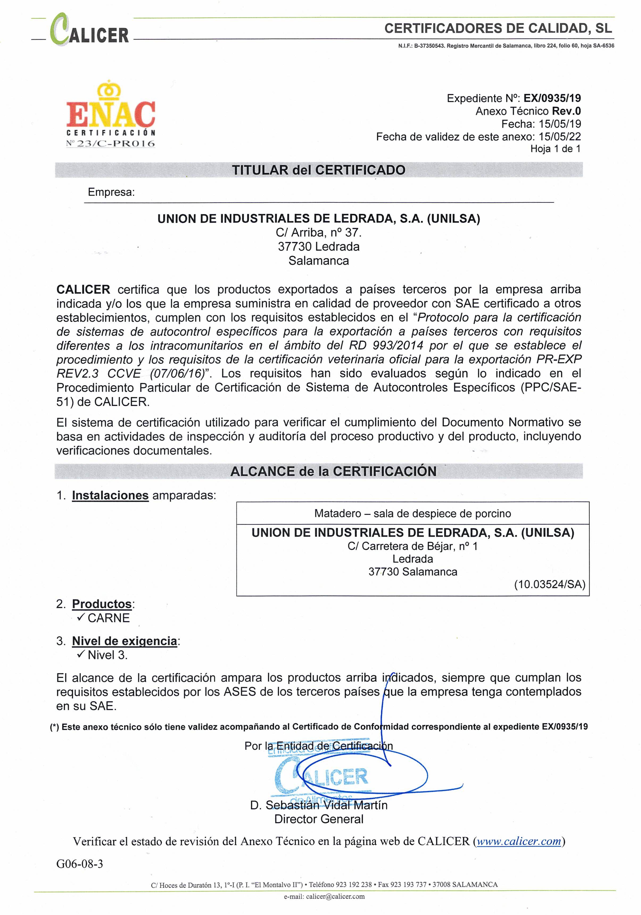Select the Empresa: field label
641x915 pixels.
click(x=111, y=192)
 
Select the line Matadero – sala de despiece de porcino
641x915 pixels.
click(x=412, y=513)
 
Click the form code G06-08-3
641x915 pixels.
click(x=80, y=864)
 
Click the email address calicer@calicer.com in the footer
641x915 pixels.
click(x=335, y=897)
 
